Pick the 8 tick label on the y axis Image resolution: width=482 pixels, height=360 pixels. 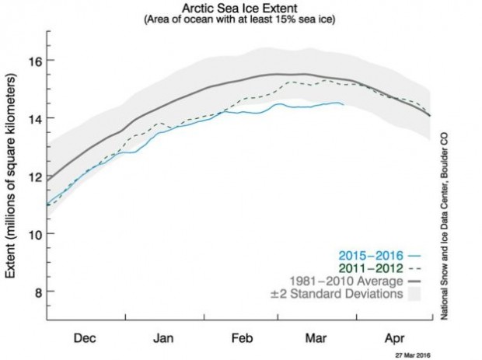34,292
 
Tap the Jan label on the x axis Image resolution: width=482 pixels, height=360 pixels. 162,340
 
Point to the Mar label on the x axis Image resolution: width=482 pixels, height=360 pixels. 315,340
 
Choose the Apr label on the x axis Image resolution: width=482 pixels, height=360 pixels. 393,340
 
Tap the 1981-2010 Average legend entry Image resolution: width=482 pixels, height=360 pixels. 349,280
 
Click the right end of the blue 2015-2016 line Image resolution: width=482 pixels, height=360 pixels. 344,103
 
